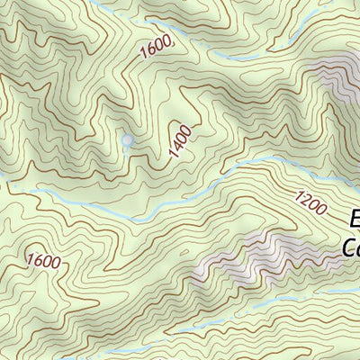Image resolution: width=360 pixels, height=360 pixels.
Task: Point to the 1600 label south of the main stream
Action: (x=43, y=262)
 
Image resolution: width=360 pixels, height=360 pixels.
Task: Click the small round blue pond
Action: (x=127, y=140)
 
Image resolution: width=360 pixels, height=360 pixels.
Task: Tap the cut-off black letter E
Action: (x=354, y=218)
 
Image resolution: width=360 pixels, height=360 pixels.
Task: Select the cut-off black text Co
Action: (x=351, y=246)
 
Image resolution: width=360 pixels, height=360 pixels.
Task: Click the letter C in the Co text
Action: (x=348, y=246)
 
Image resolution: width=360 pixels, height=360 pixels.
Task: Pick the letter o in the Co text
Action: (x=357, y=247)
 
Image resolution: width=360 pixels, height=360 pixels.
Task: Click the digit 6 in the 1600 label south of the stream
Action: (x=38, y=261)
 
